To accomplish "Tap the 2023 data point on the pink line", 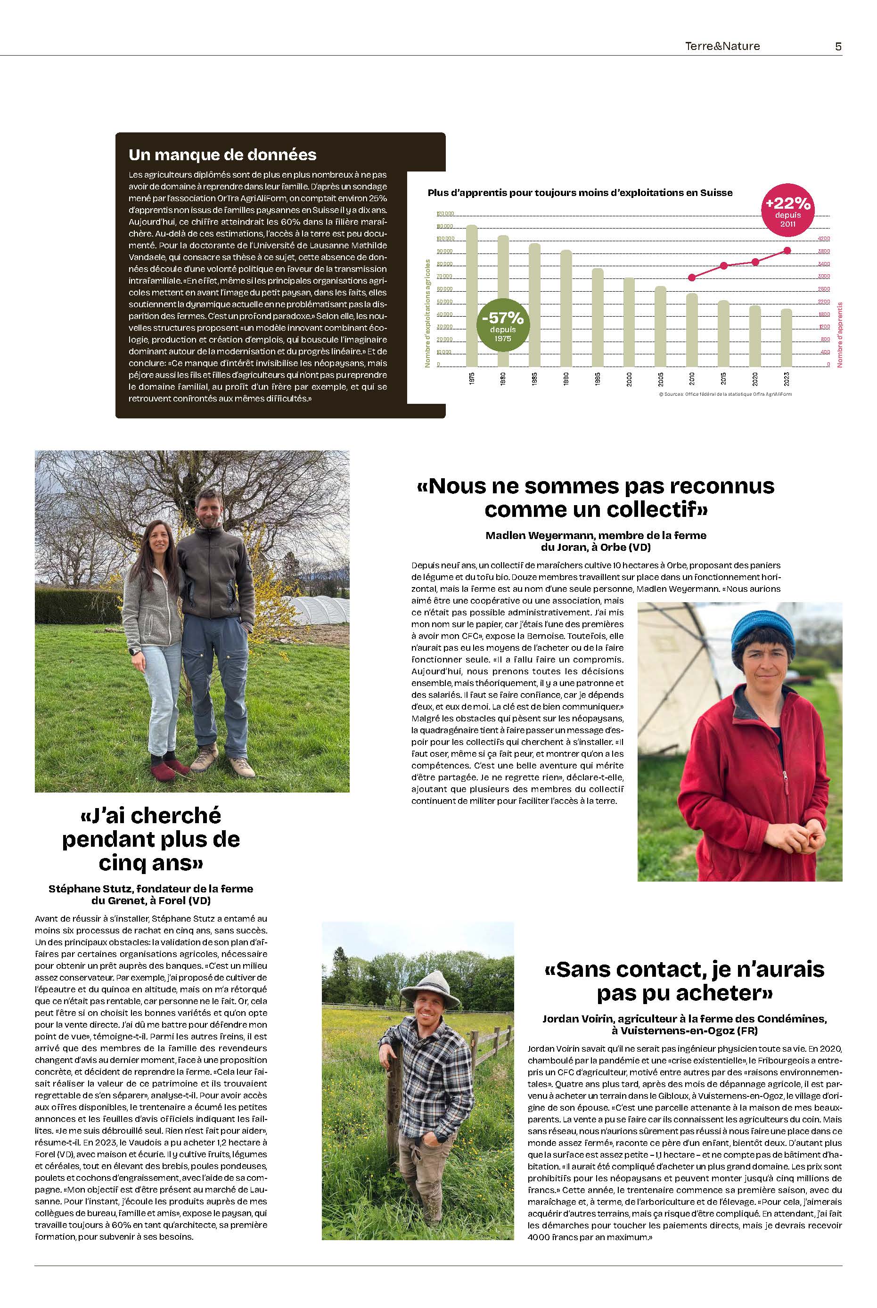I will (787, 251).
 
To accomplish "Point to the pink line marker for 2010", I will (692, 278).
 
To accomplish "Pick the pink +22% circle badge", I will (787, 208).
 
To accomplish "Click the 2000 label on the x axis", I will (629, 379).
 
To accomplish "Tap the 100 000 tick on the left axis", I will (445, 239).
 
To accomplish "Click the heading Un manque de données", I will (222, 155).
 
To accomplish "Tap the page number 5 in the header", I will (838, 47).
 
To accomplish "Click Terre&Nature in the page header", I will (722, 47).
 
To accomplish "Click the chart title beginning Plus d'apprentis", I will (580, 192).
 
